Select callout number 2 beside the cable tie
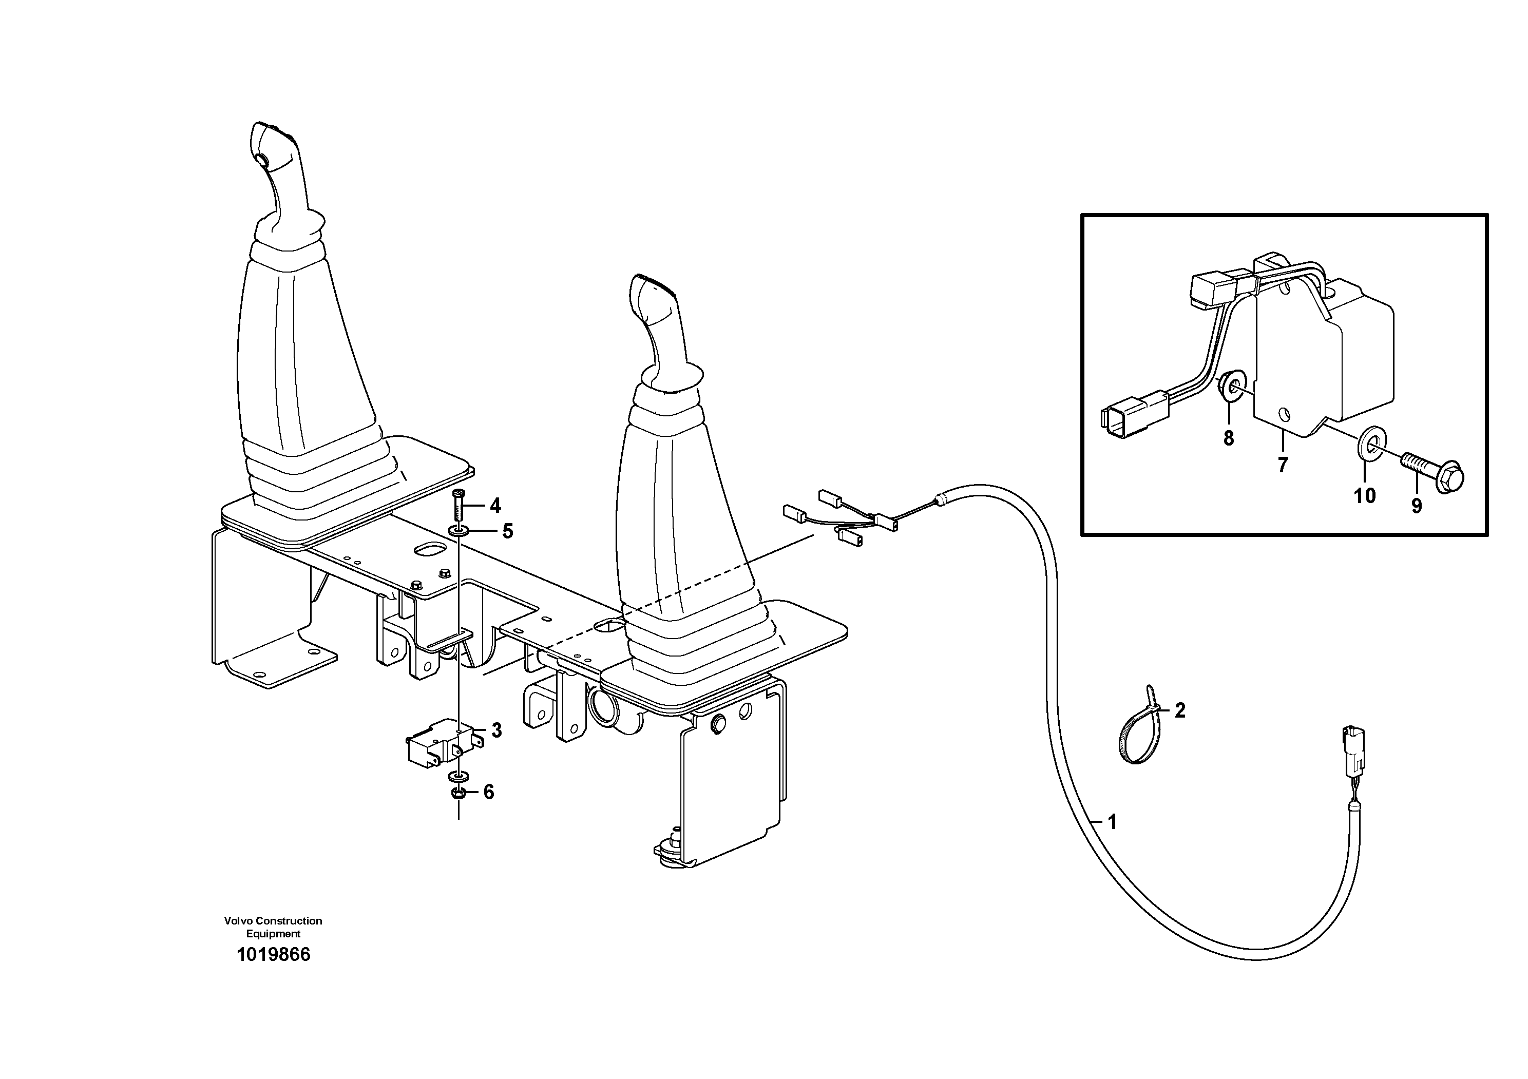click(x=1180, y=710)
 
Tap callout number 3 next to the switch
click(x=496, y=730)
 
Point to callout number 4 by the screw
click(x=495, y=506)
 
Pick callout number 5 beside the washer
click(x=508, y=531)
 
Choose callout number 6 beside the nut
click(x=488, y=792)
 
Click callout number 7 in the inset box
click(x=1283, y=465)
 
